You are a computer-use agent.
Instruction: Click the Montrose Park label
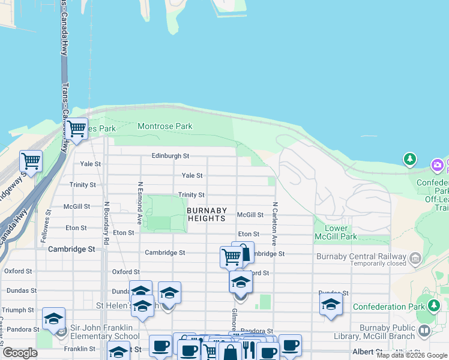(165, 126)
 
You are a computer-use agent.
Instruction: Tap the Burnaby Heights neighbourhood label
(207, 214)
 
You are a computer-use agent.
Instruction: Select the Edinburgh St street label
(170, 155)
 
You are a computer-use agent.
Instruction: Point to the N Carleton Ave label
(274, 223)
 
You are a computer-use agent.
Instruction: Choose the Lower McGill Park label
(336, 232)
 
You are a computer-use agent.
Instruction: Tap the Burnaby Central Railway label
(361, 256)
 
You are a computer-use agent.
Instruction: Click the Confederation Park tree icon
(433, 306)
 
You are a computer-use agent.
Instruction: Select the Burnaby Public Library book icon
(425, 331)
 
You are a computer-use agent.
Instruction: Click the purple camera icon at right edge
(438, 164)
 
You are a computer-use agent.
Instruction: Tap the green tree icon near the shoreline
(410, 159)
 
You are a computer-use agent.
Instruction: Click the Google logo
(20, 353)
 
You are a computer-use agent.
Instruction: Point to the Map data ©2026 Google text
(411, 355)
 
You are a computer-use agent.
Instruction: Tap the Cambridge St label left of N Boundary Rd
(71, 248)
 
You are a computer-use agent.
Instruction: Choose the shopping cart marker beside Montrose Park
(76, 128)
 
